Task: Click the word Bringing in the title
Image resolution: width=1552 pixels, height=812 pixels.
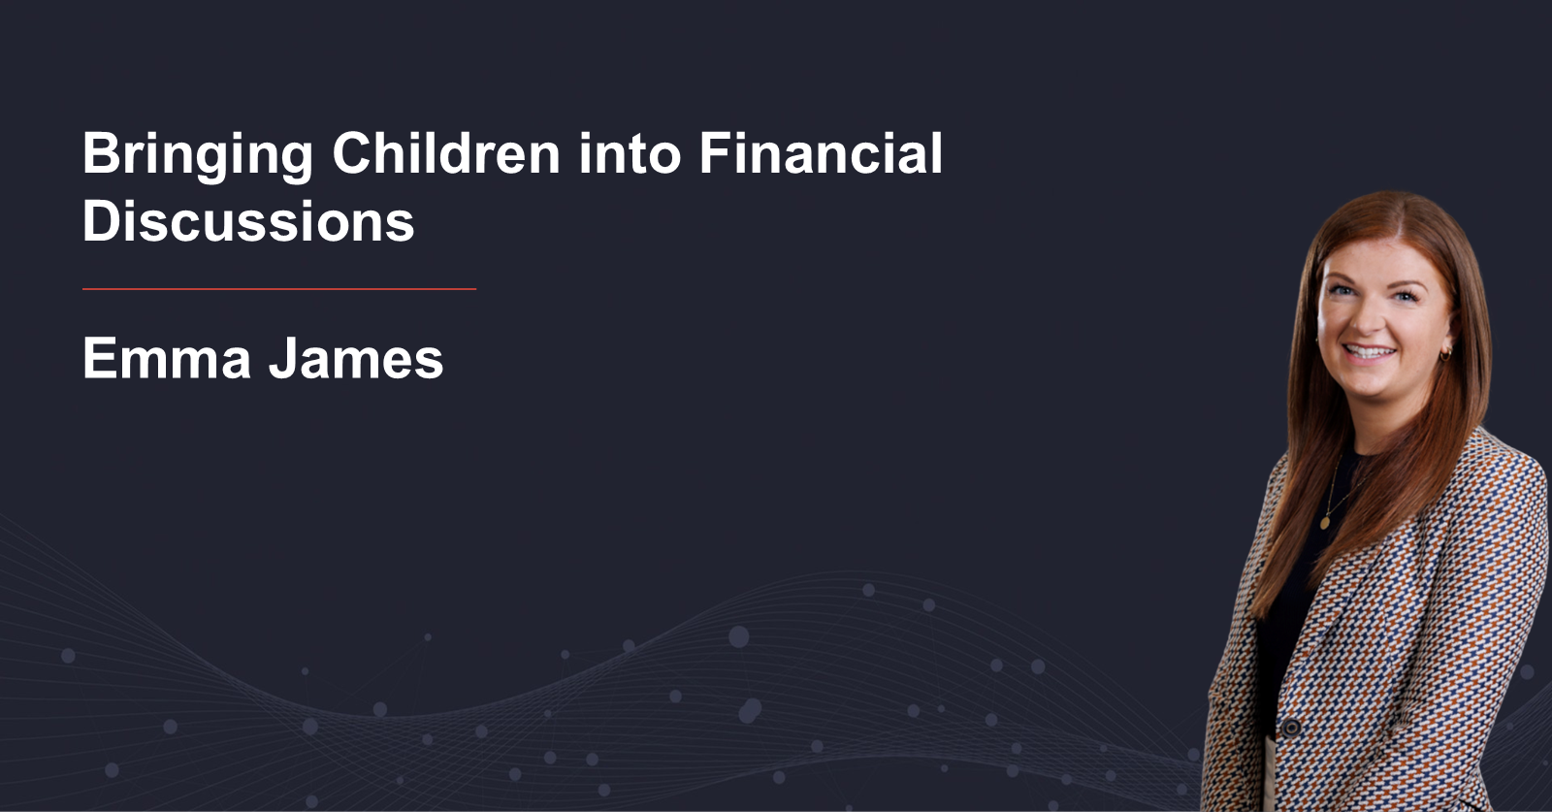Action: (x=198, y=156)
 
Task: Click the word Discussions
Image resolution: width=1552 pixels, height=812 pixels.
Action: (x=248, y=220)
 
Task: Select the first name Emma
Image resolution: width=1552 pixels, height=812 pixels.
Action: (x=166, y=358)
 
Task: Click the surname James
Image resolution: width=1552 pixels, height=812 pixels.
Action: (x=356, y=358)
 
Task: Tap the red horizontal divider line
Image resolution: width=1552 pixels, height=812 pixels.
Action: (x=279, y=289)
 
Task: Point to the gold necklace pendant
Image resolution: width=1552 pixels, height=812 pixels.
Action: (x=1325, y=521)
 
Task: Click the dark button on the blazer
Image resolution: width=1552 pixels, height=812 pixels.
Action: (x=1290, y=727)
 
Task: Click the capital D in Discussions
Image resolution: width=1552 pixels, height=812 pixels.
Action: (x=101, y=220)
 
